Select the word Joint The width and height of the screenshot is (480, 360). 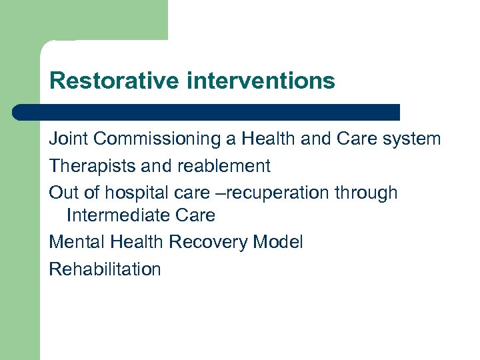click(x=69, y=139)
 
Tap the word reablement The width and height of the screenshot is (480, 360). click(x=223, y=165)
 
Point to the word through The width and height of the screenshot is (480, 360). click(x=366, y=193)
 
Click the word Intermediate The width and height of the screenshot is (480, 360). click(x=117, y=215)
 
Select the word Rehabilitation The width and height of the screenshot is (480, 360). click(x=105, y=269)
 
